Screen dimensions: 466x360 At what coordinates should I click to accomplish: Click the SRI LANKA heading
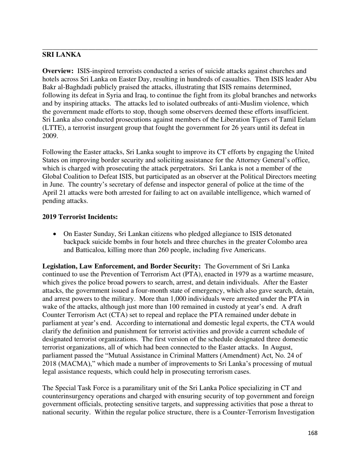[x=61, y=55]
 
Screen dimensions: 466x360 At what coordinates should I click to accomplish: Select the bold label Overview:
[x=58, y=71]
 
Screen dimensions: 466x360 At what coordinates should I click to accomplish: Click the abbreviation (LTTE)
[x=52, y=128]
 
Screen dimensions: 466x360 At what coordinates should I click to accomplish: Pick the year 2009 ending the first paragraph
[x=49, y=136]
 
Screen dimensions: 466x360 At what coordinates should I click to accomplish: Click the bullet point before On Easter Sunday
[x=56, y=234]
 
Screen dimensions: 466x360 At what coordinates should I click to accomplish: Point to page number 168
[x=312, y=433]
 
